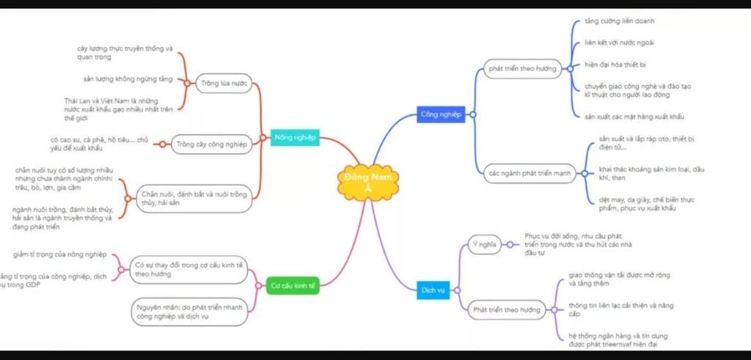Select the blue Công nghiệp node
pyautogui.click(x=441, y=114)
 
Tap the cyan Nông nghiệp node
pyautogui.click(x=295, y=137)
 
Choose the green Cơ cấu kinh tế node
pyautogui.click(x=293, y=286)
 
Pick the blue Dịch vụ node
pyautogui.click(x=433, y=290)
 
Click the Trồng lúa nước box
pyautogui.click(x=224, y=83)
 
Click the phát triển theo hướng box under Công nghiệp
pyautogui.click(x=523, y=70)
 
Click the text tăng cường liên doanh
pyautogui.click(x=609, y=21)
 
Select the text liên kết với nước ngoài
pyautogui.click(x=614, y=42)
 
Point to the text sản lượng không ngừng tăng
pyautogui.click(x=128, y=78)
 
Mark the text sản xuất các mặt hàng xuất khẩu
pyautogui.click(x=634, y=117)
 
